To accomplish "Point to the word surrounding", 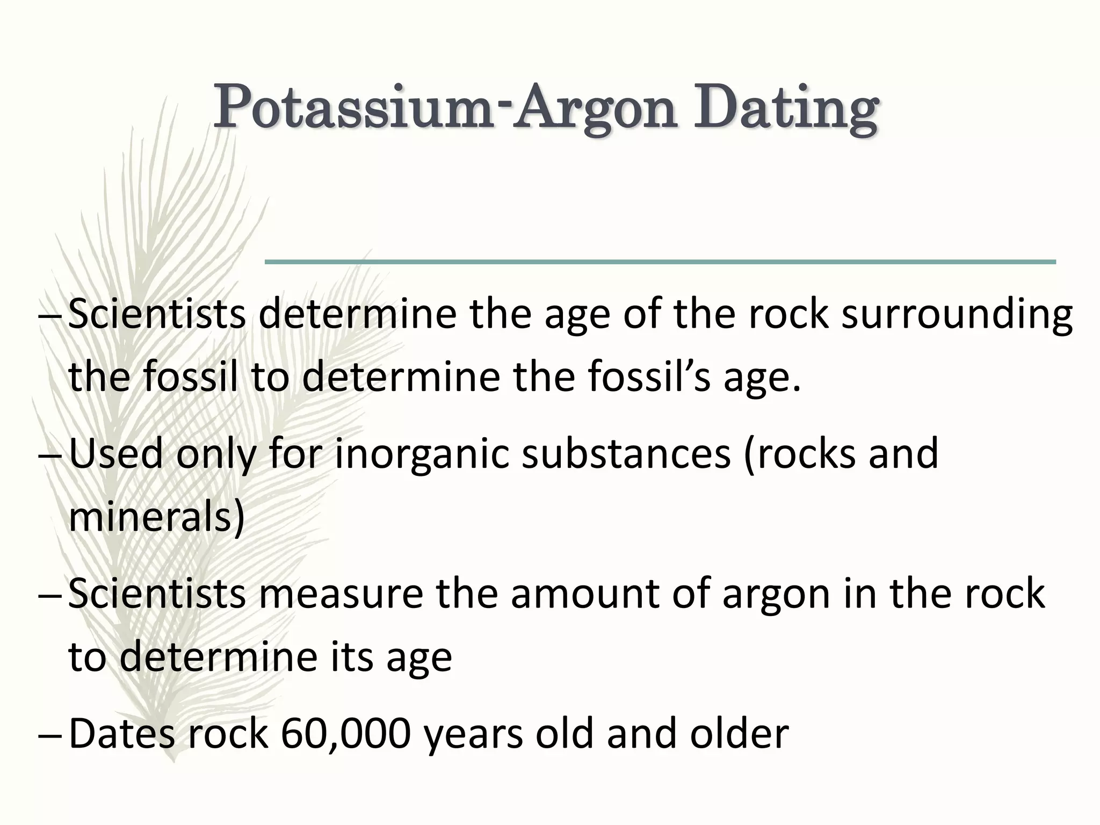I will pyautogui.click(x=957, y=315).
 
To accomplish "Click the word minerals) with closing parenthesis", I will pyautogui.click(x=156, y=517).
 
